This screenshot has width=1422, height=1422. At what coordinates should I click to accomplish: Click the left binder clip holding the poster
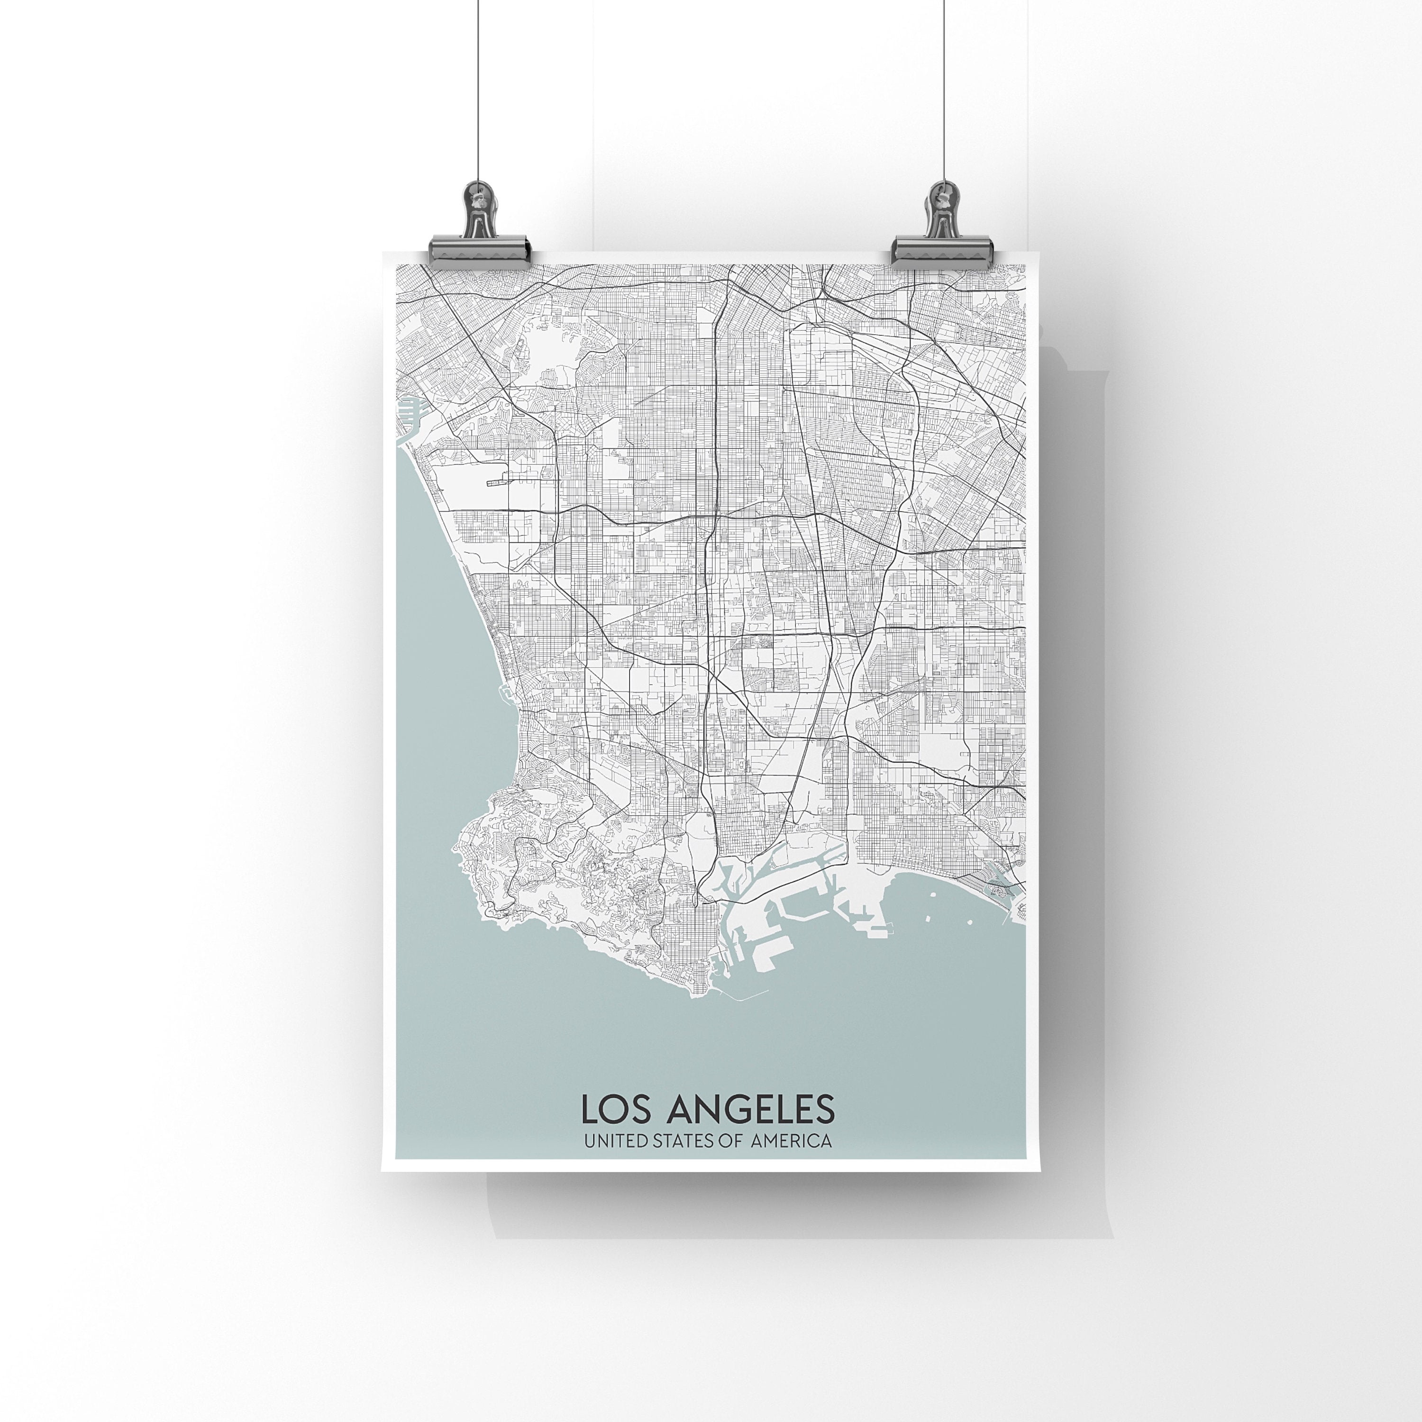(480, 243)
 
